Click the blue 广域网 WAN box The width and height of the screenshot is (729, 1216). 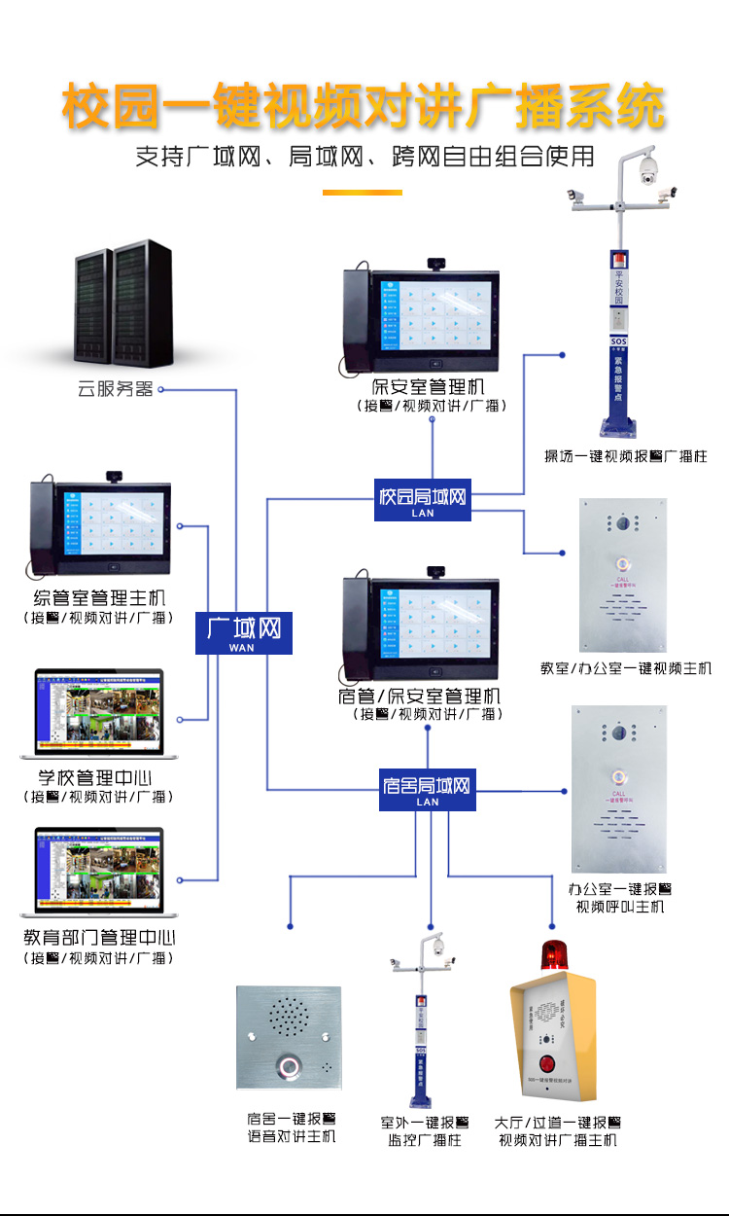[243, 632]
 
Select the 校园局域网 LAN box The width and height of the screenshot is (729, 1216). [423, 500]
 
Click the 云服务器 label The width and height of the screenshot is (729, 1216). [116, 390]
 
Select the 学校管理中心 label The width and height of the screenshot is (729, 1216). [95, 778]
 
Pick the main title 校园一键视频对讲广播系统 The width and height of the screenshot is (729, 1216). [364, 107]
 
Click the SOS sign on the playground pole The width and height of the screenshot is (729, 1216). [619, 342]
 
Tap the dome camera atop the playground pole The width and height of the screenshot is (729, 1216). [646, 170]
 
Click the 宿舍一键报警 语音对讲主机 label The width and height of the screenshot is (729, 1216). [291, 1128]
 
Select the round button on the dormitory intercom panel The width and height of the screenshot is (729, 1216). [289, 1069]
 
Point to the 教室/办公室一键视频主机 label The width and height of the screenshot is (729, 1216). [626, 668]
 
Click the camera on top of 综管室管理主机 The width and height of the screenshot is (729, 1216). [116, 476]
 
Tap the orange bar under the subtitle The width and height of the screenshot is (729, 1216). [362, 193]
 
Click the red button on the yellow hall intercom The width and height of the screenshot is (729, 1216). [547, 1061]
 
